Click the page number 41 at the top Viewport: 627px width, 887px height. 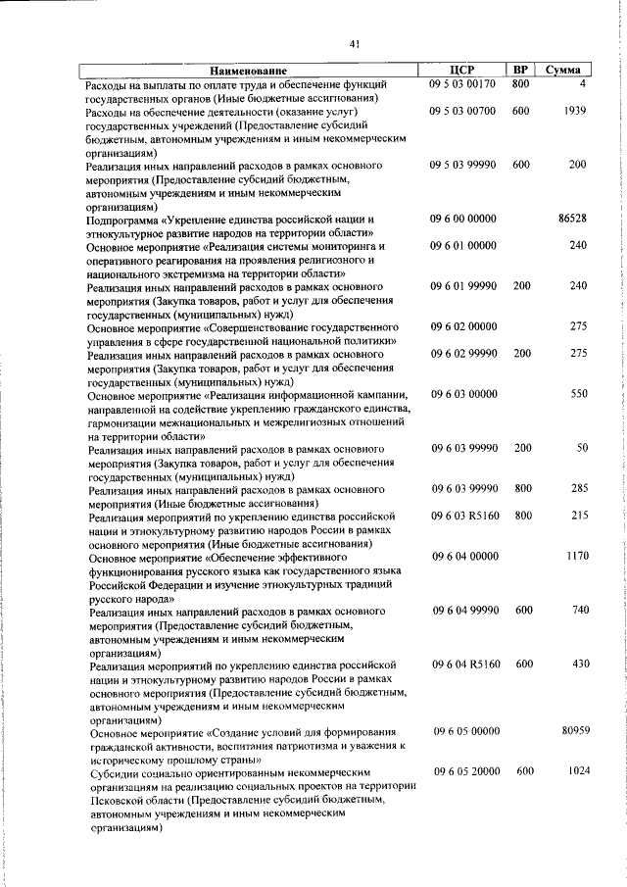[355, 42]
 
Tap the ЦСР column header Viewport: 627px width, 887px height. [462, 71]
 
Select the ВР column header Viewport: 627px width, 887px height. [522, 71]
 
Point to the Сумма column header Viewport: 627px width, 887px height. [568, 71]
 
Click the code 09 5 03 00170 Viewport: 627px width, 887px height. [462, 84]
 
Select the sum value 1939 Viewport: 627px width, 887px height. [575, 111]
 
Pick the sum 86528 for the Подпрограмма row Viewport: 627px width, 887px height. [572, 220]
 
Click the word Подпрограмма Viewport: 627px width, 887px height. [124, 221]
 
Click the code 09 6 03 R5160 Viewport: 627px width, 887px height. [463, 515]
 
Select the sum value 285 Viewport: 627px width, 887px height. [578, 487]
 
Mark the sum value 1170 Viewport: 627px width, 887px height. [575, 556]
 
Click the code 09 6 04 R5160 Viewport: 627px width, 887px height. [463, 665]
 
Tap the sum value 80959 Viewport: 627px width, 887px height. [572, 731]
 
